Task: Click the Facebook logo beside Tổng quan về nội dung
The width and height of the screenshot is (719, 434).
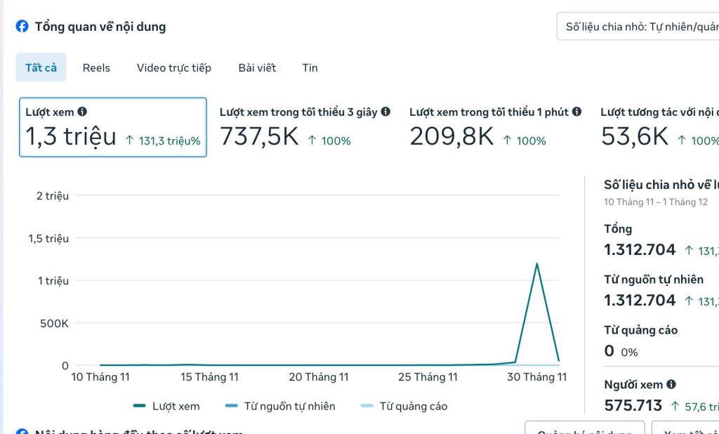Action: tap(22, 27)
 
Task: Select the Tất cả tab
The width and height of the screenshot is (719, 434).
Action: tap(41, 67)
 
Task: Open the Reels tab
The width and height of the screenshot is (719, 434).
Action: tap(96, 67)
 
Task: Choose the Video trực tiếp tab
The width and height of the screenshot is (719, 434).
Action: tap(174, 67)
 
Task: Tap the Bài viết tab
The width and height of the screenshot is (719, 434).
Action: tap(257, 67)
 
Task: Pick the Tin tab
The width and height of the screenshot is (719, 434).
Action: tap(310, 67)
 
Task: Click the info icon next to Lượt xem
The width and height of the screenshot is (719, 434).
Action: tap(82, 112)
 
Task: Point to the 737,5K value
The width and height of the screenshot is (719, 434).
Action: tap(259, 136)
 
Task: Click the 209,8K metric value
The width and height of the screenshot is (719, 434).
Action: tap(451, 136)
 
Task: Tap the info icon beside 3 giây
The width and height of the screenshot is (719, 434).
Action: tap(385, 112)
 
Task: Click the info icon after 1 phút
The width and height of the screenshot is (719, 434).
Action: tap(576, 112)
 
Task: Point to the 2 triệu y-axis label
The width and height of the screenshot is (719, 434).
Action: tap(53, 196)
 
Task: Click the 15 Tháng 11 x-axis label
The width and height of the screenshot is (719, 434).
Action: tap(209, 377)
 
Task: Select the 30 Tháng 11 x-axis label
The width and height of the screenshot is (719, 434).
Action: tap(537, 377)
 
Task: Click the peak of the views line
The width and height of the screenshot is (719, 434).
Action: tap(537, 264)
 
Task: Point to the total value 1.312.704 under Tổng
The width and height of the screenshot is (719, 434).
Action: tap(640, 249)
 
